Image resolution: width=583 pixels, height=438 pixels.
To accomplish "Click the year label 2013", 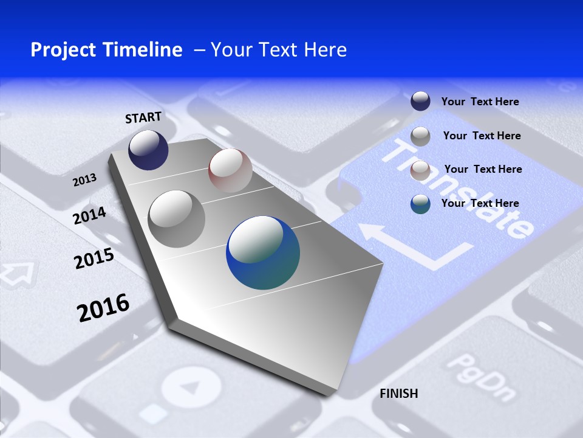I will click(x=84, y=179).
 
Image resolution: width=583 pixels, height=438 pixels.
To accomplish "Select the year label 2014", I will click(x=90, y=215).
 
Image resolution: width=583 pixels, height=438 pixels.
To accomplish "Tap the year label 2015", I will click(x=94, y=259).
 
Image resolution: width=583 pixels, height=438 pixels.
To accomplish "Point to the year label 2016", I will click(x=103, y=307).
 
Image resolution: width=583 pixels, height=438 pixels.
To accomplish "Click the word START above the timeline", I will click(x=143, y=117).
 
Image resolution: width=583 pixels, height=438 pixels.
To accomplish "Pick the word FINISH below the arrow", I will click(x=398, y=394).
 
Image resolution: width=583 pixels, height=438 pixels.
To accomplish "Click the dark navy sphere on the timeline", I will click(x=148, y=150).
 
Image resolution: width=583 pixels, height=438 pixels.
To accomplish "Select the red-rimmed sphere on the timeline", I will click(x=230, y=170).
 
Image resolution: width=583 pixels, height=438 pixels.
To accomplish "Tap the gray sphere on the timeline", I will click(x=177, y=219).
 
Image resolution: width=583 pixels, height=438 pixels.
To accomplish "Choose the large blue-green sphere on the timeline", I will click(x=263, y=252).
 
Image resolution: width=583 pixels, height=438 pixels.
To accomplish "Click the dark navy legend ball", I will click(x=420, y=101).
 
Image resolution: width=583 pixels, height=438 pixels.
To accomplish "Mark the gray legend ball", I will click(x=420, y=136).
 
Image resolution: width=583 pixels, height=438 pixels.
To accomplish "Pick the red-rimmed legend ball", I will click(x=420, y=170).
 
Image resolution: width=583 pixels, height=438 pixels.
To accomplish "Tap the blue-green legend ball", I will click(x=420, y=204).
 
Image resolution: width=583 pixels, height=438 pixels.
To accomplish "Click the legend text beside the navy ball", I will click(x=480, y=102).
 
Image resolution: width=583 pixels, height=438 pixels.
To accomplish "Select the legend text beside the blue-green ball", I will click(x=480, y=203).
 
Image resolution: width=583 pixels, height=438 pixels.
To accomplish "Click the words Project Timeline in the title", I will click(x=106, y=50).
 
